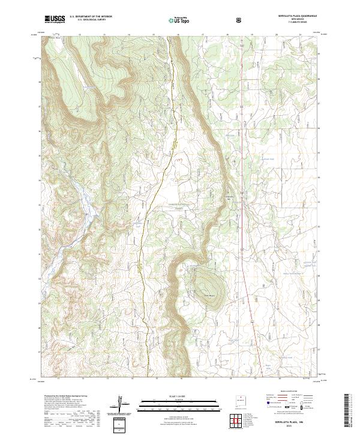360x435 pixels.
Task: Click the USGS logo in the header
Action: [53, 19]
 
